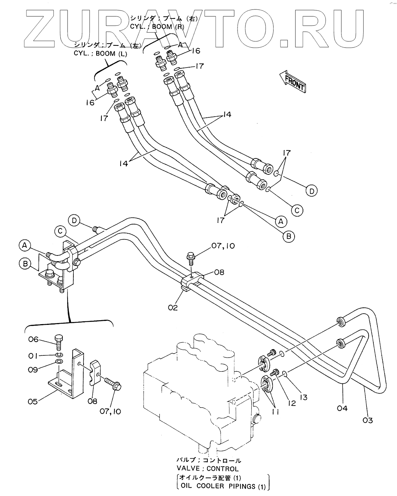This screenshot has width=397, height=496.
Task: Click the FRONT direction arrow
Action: [x=293, y=81]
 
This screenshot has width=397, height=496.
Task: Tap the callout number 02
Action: [x=173, y=307]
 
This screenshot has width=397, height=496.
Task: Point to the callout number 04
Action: [x=342, y=408]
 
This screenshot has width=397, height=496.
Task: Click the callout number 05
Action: [x=33, y=402]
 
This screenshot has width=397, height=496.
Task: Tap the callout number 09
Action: [x=33, y=370]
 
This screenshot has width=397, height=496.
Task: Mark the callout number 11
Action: [x=275, y=412]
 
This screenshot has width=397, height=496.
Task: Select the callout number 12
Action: [x=292, y=403]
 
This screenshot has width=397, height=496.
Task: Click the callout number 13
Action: [x=304, y=397]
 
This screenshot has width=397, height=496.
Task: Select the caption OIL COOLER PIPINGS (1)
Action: [x=223, y=487]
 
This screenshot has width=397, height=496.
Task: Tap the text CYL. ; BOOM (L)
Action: [x=100, y=53]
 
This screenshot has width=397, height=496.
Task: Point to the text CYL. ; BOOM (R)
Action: [x=157, y=27]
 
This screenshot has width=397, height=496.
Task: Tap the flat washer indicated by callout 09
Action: [x=59, y=361]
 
